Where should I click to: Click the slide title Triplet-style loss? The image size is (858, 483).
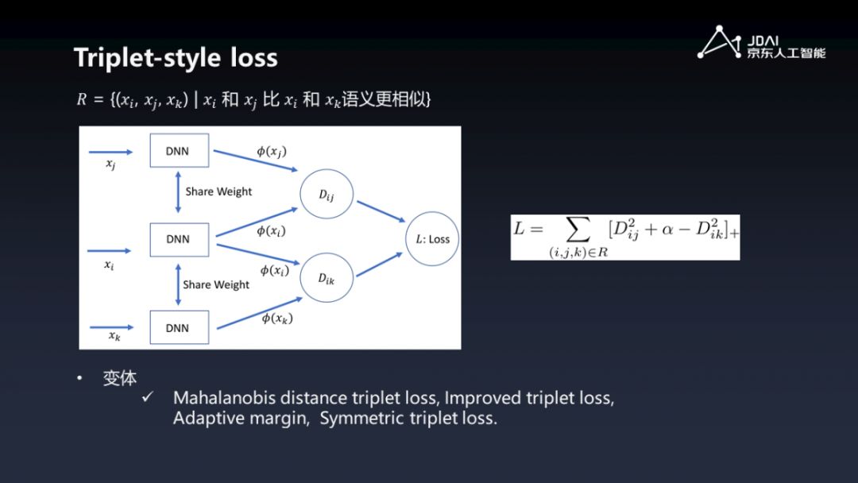pos(176,57)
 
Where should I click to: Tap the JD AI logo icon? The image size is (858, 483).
pos(718,43)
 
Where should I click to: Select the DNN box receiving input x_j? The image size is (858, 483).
pos(179,151)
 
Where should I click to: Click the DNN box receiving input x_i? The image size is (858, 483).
pos(179,239)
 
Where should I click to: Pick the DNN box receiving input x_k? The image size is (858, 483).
pos(179,327)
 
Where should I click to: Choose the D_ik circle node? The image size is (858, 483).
pos(327,278)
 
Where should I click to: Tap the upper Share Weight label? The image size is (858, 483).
pos(218,191)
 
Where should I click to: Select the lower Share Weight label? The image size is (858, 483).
pos(216,284)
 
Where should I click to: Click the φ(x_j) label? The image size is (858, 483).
pos(271,152)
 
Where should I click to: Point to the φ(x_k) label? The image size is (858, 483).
pos(277,319)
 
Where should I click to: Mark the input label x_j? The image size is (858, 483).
pos(110,164)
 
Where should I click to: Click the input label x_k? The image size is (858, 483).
pos(114,336)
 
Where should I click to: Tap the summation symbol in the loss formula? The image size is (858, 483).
pos(578,230)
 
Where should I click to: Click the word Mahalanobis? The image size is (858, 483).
pos(220,397)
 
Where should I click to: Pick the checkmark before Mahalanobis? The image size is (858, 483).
pos(147,396)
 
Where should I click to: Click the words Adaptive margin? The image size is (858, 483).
pos(240,419)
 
